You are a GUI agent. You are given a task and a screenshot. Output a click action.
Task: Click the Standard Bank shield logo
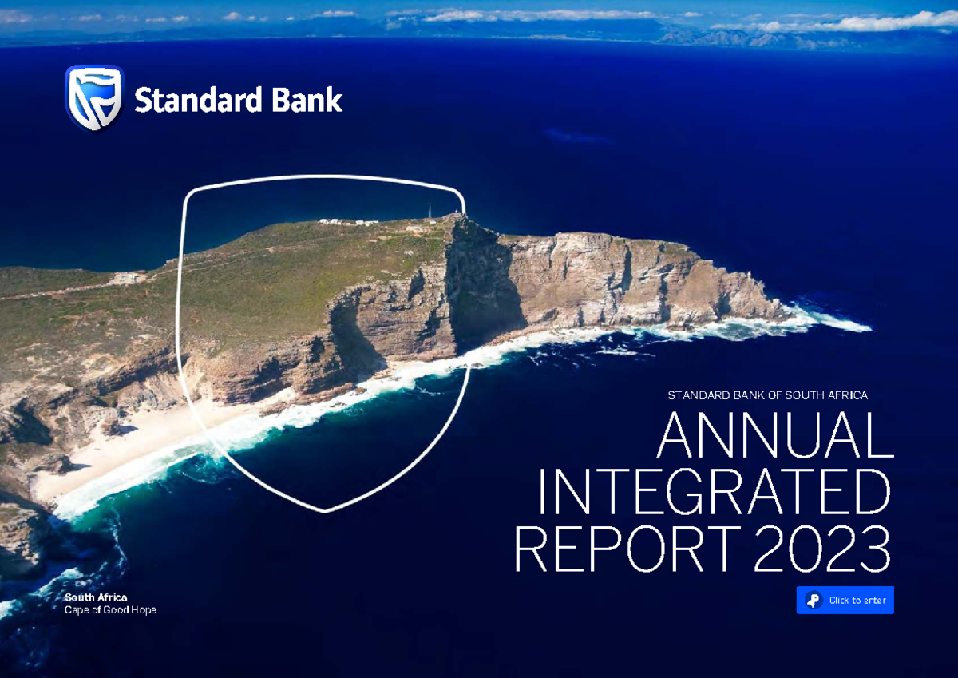(x=93, y=98)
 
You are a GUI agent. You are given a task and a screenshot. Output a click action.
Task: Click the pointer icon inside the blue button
(x=813, y=601)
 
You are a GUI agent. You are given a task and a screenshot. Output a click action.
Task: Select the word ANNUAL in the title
(x=774, y=436)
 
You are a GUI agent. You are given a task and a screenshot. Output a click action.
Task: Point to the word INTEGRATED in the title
(x=714, y=494)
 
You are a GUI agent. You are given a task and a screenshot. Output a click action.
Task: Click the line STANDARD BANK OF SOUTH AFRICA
(x=767, y=395)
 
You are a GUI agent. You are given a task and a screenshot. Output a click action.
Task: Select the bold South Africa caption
(x=96, y=597)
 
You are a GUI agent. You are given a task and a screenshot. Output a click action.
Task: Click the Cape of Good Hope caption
(x=110, y=610)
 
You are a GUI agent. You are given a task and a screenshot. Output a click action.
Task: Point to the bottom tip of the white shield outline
(x=325, y=510)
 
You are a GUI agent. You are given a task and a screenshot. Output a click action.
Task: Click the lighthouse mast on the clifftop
(x=430, y=209)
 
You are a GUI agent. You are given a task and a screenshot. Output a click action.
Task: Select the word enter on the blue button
(x=872, y=601)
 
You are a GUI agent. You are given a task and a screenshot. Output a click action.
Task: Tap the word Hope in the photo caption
(x=144, y=610)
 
